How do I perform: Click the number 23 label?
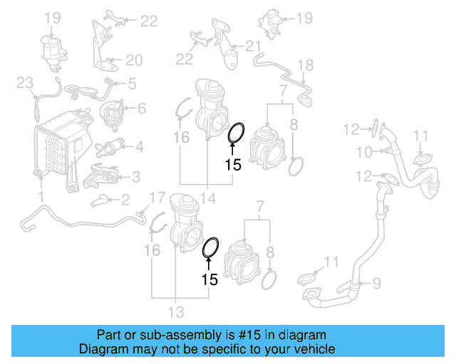(x=25, y=84)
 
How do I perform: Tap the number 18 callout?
(x=305, y=65)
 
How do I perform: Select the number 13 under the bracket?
(x=175, y=311)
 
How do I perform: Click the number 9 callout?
(x=377, y=283)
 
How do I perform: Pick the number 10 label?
(x=364, y=151)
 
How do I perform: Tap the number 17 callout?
(x=157, y=197)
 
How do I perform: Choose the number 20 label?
(x=135, y=60)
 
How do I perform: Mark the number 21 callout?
(x=254, y=47)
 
